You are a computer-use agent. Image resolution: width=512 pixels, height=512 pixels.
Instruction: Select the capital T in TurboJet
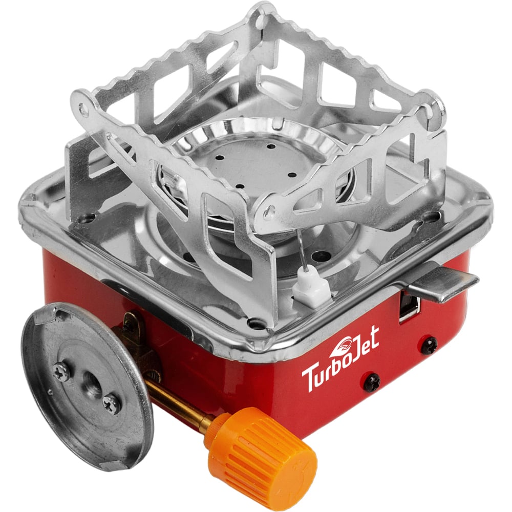tap(310, 380)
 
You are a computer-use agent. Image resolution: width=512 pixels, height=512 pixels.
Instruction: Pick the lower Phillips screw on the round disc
tap(111, 402)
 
